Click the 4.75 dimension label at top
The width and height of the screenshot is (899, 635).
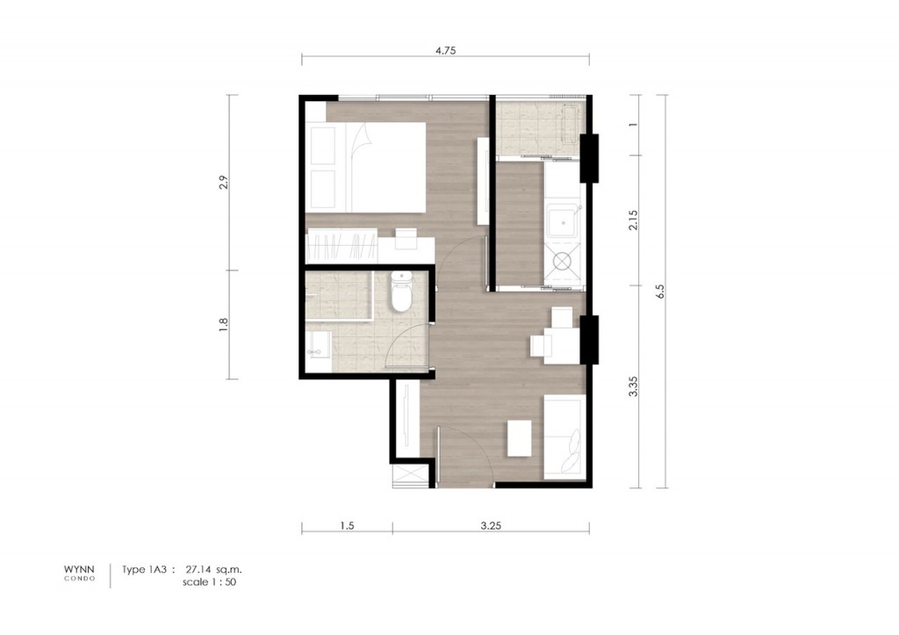[x=445, y=50]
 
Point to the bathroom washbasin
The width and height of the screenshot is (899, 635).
[x=318, y=350]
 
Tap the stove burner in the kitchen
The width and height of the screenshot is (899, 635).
[x=561, y=260]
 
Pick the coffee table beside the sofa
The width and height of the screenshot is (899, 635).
[x=520, y=437]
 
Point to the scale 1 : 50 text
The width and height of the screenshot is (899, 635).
[x=209, y=581]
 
